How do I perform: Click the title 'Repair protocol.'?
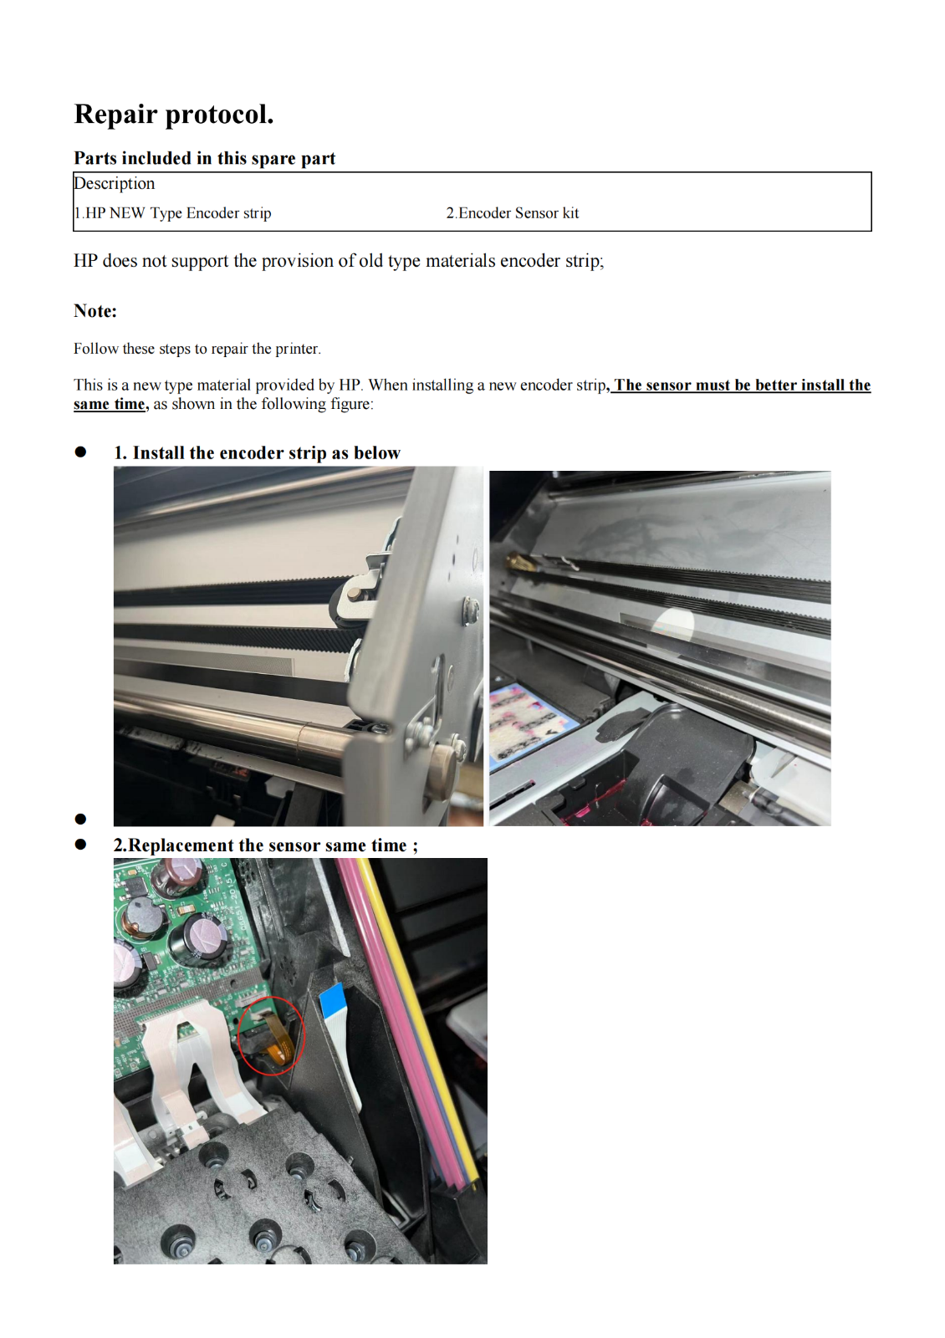coord(174,114)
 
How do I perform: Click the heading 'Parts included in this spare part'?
coord(204,158)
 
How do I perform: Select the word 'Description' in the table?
coord(114,183)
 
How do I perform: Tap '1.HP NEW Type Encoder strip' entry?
coord(172,213)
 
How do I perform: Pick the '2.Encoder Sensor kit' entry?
coord(513,213)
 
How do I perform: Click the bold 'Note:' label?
coord(95,311)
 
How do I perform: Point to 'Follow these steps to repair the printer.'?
coord(197,349)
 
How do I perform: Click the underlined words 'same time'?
coord(110,405)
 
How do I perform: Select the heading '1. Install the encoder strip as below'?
coord(257,452)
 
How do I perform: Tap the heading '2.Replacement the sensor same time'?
coord(266,845)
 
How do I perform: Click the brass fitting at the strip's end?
coord(518,560)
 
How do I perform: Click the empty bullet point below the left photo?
coord(80,819)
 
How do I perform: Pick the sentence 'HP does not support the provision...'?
coord(339,261)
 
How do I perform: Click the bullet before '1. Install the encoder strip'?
coord(80,452)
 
